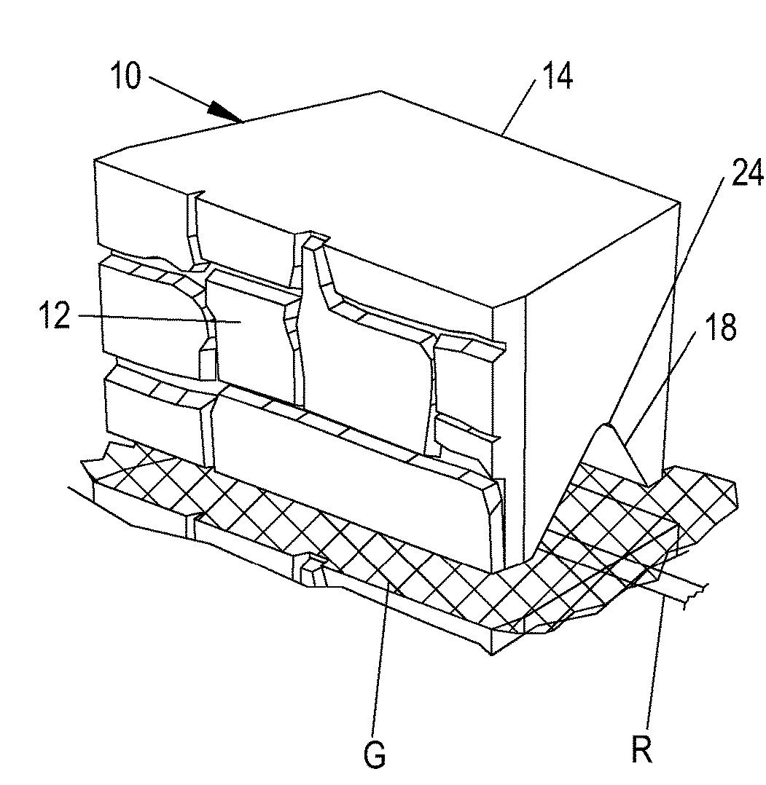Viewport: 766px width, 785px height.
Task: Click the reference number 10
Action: pos(126,76)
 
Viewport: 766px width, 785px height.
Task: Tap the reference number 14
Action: pos(557,78)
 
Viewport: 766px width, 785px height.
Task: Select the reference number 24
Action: pos(748,173)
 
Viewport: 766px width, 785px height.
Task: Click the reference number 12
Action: pos(55,315)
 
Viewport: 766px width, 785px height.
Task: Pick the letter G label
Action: pos(375,754)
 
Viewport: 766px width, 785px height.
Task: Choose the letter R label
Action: pos(641,749)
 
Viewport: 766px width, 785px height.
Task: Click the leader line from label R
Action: pos(656,663)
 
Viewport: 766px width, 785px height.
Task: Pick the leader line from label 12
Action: pos(160,319)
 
